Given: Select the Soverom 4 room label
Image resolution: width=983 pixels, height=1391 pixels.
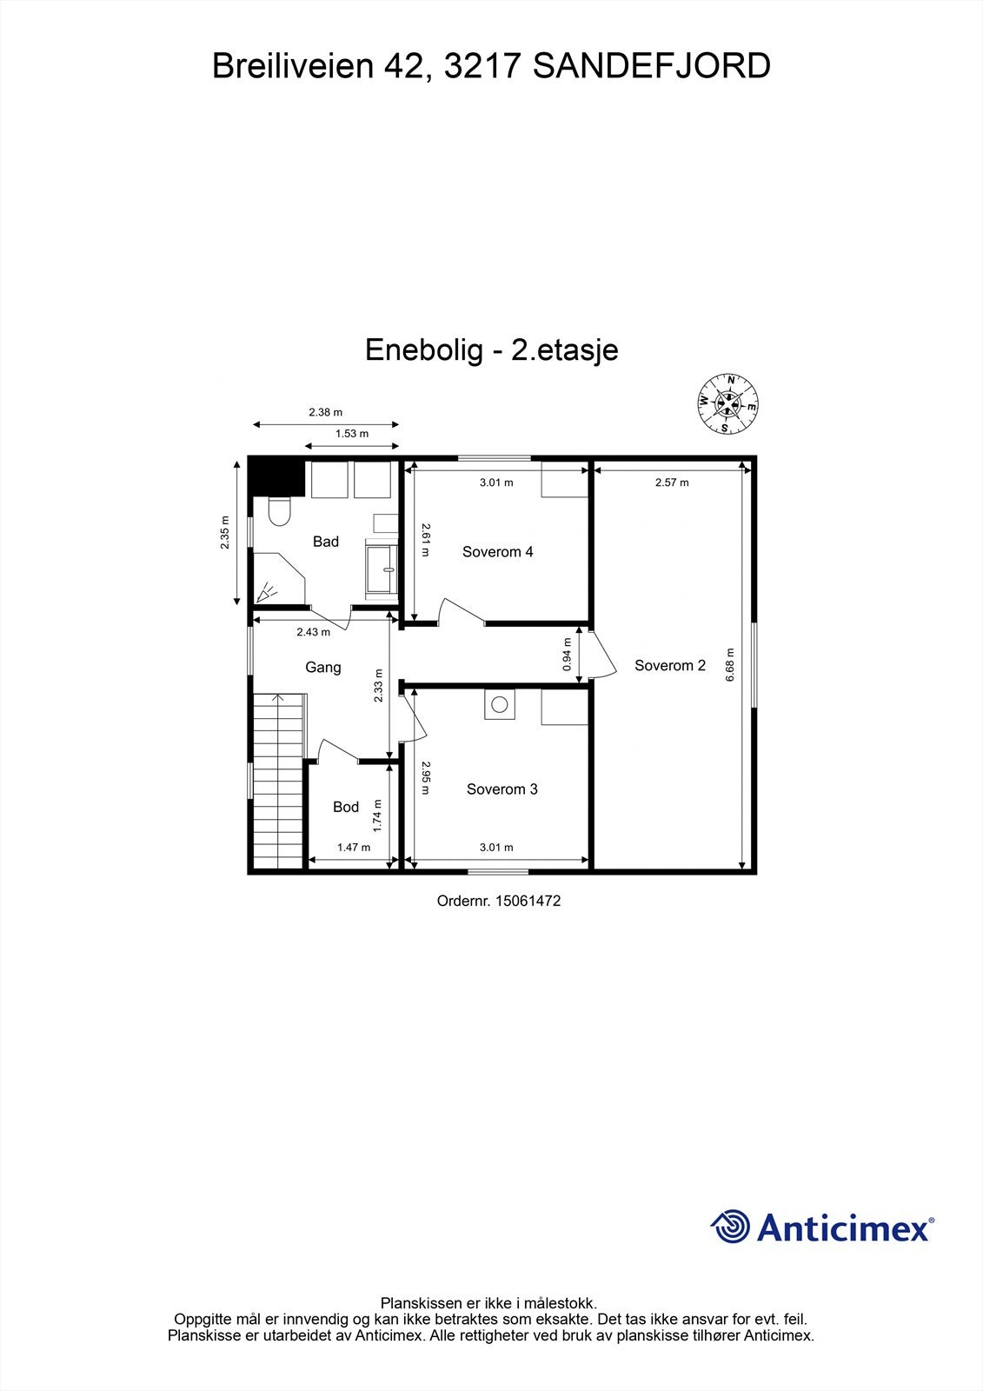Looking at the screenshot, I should click(x=497, y=552).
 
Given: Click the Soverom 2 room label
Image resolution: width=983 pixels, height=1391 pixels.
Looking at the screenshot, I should click(x=669, y=666).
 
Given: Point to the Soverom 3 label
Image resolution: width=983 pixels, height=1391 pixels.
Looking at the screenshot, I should click(x=501, y=789).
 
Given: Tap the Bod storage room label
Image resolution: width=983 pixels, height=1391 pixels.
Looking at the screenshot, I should click(x=346, y=807).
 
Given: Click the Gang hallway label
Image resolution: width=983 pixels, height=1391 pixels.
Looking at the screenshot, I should click(x=322, y=668).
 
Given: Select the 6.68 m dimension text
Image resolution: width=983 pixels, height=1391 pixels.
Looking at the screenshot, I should click(x=730, y=665).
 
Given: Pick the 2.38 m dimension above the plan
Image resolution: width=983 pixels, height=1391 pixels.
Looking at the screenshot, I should click(x=325, y=413).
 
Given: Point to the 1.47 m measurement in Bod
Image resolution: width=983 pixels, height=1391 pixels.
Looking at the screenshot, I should click(x=354, y=848).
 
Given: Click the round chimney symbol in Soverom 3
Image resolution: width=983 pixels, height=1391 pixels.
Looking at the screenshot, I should click(x=500, y=705).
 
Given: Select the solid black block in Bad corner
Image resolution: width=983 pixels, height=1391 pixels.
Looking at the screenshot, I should click(x=276, y=476).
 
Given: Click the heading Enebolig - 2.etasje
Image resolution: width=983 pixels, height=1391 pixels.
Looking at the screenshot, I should click(x=491, y=350).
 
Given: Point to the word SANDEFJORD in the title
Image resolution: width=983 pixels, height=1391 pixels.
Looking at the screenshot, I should click(x=651, y=67).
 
